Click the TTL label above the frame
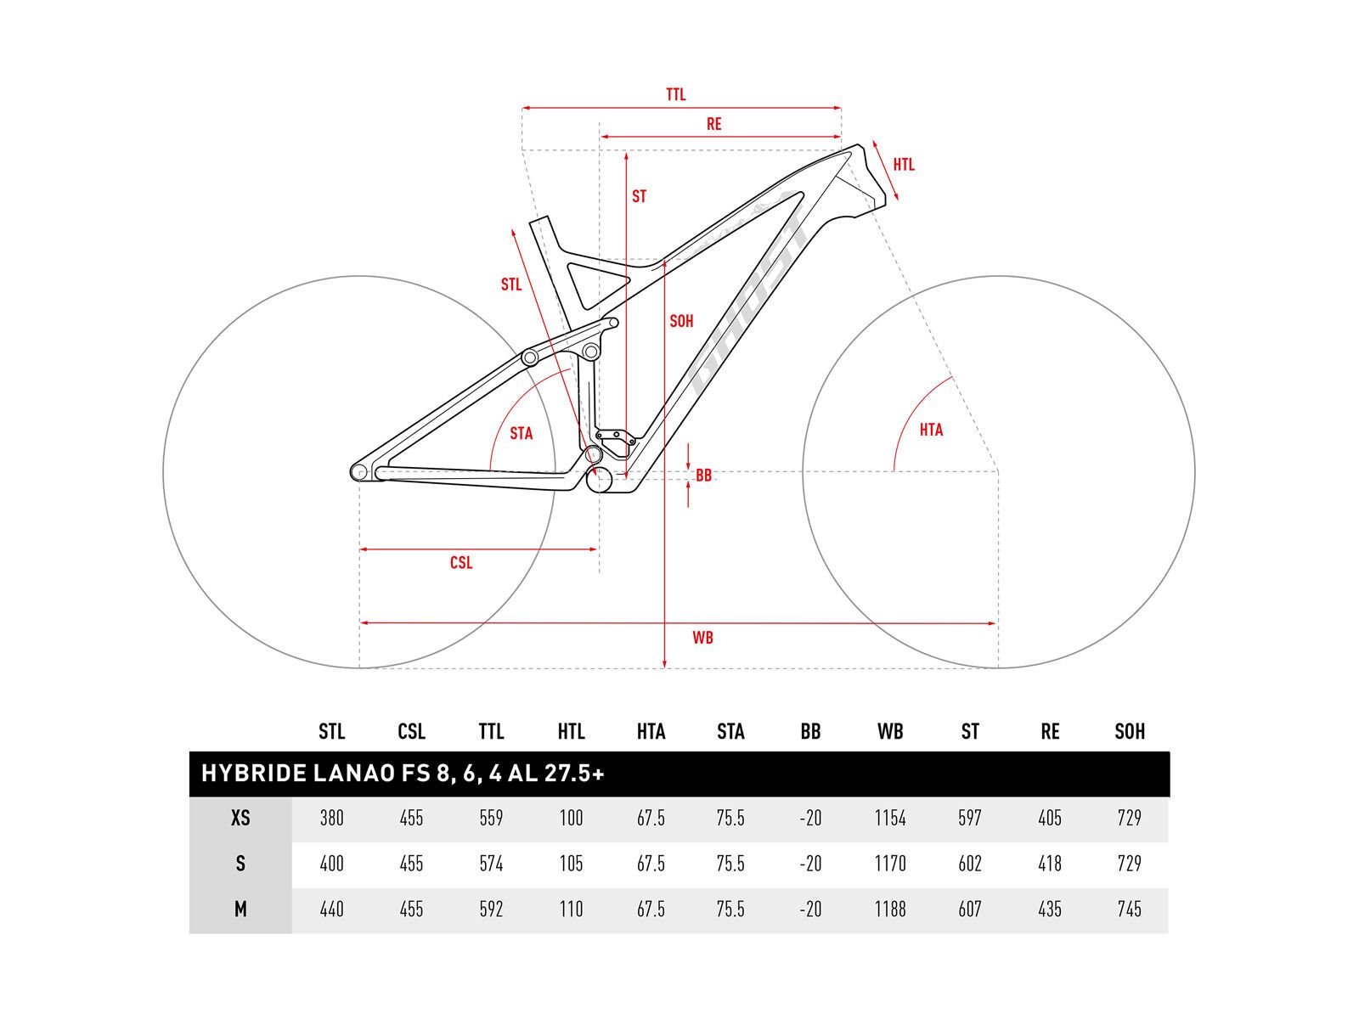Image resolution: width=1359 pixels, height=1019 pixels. pos(675,95)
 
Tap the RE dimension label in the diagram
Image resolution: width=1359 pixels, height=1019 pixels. pos(713,125)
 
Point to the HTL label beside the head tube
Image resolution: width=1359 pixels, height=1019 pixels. pos(904,165)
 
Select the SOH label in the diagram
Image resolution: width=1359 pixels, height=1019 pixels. pos(681,322)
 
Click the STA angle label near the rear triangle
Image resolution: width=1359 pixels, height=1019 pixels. pos(521,434)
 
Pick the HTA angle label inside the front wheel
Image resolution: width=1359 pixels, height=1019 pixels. pos(931,430)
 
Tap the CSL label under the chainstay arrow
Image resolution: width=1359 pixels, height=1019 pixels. pos(461,563)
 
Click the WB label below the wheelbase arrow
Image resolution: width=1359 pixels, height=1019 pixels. pos(702,638)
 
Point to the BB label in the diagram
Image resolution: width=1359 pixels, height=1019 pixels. pos(703,476)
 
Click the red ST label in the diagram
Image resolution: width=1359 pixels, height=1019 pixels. pos(639,197)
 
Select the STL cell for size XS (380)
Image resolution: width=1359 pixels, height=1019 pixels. pos(331,819)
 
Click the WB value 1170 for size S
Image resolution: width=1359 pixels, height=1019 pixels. pos(889,864)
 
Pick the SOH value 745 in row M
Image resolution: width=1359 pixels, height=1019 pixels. pos(1129,909)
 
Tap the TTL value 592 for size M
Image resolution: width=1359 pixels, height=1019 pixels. pos(491,909)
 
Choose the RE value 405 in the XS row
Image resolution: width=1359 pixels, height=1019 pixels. pos(1049,819)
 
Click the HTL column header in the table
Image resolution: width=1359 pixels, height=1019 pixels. pos(571,732)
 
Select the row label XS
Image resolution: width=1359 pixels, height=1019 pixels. pos(240,819)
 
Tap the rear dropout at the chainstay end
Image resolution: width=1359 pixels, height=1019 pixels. pos(359,472)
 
